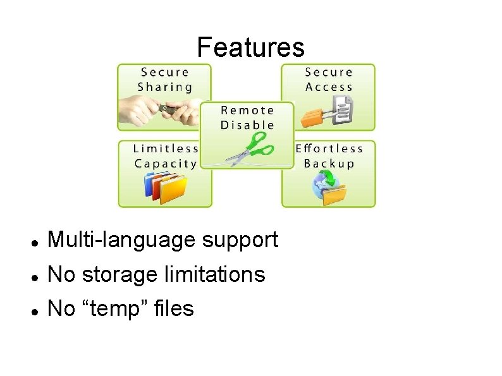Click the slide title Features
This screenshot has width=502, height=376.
tap(250, 47)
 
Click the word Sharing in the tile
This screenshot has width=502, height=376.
tap(165, 87)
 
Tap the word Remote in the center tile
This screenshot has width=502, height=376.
tap(247, 110)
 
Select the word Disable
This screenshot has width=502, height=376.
tap(247, 125)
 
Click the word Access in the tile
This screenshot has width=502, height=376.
tap(329, 87)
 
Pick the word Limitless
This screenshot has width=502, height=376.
tap(166, 149)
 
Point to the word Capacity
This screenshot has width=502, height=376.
tap(166, 164)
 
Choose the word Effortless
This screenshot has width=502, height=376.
tap(329, 149)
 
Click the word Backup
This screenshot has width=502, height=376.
tap(329, 164)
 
